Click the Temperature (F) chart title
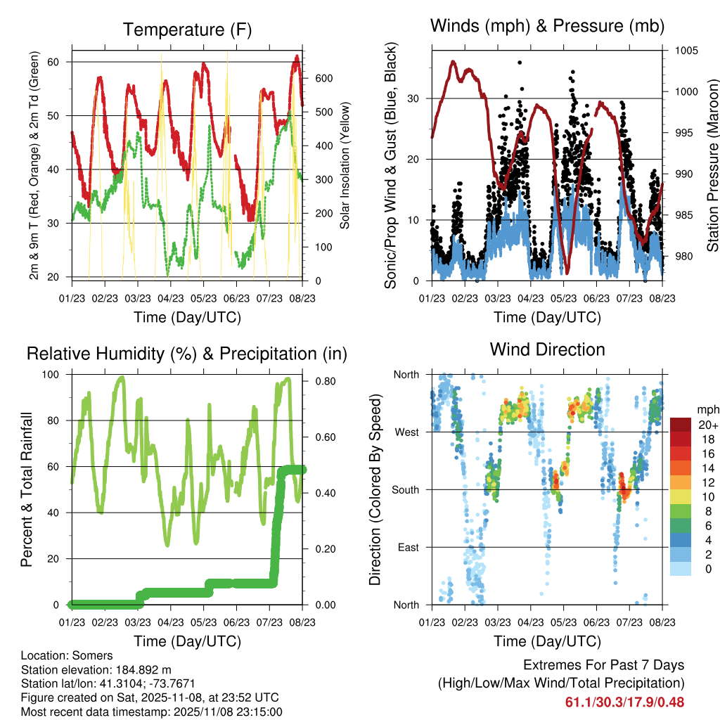tap(187, 30)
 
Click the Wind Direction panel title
tap(547, 349)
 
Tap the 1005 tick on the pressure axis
tap(686, 51)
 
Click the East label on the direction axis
tap(409, 547)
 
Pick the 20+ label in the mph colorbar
tap(707, 425)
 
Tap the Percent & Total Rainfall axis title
tap(27, 489)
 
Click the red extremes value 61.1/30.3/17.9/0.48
tap(624, 702)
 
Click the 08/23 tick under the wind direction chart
tap(662, 622)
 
